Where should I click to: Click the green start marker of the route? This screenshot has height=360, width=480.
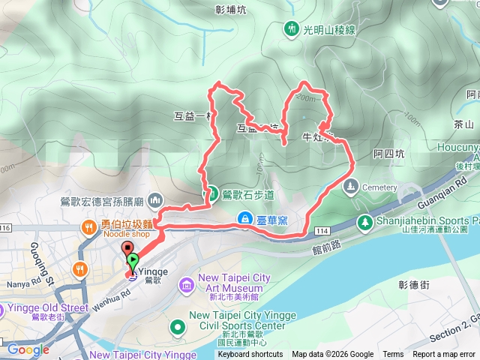133,262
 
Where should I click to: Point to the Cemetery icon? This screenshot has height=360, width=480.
350,187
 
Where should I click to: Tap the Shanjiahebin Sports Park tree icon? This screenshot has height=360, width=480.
364,222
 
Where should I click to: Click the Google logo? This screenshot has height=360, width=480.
28,349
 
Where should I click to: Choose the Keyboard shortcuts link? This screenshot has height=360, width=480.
250,355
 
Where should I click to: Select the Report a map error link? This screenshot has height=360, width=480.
445,355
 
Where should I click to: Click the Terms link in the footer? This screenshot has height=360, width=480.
393,355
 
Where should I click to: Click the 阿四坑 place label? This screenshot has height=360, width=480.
388,154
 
